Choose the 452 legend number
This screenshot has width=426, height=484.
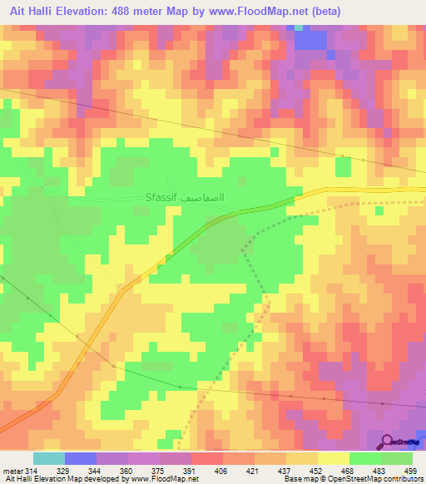[317, 471]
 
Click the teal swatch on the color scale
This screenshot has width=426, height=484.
[49, 458]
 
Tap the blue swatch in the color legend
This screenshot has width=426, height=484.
[80, 458]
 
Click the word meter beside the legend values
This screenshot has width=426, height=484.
[12, 471]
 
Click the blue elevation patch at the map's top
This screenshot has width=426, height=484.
[310, 39]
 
